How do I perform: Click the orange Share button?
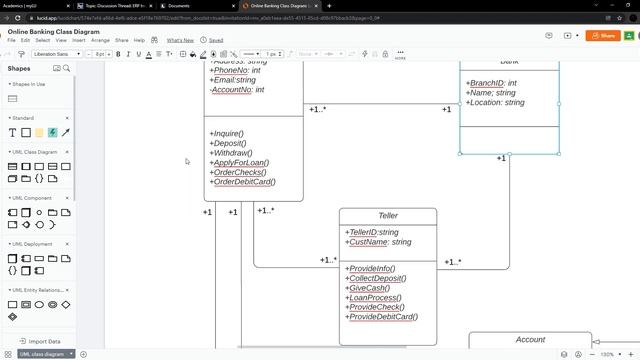coord(604,35)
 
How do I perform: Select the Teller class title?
coord(388,216)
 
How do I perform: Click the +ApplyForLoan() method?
coord(239,162)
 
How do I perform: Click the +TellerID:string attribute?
coord(372,232)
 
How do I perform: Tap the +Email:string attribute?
coord(233,80)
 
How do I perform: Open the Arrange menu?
coord(100,40)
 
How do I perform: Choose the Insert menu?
coord(77,40)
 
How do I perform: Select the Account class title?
coord(530,340)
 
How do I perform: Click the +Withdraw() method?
coord(231,152)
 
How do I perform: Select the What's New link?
coord(180,40)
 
